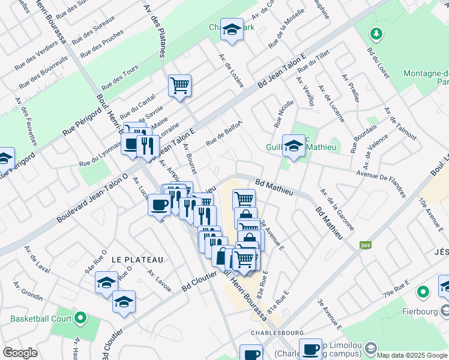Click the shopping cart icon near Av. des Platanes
click(x=179, y=85)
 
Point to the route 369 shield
click(x=365, y=245)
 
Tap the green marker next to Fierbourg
click(x=423, y=292)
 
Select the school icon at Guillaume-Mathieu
click(x=294, y=146)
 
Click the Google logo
click(x=20, y=353)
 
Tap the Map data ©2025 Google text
click(x=411, y=355)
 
